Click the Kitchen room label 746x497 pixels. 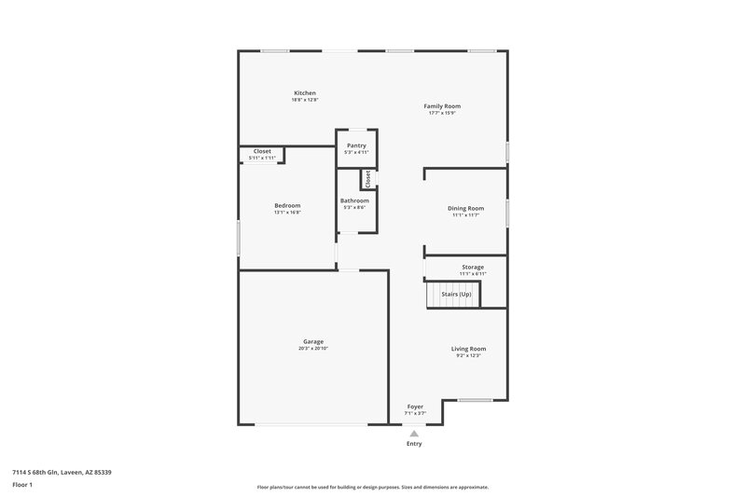tap(305, 93)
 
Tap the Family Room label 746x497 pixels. tap(442, 106)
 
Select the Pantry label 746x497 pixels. tap(356, 145)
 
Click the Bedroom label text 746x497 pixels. tap(287, 205)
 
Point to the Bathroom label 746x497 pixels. tap(354, 200)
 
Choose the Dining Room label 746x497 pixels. tap(465, 208)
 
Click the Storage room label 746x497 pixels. tap(473, 267)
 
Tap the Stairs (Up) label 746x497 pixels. tap(456, 294)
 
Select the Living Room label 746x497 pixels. tap(468, 349)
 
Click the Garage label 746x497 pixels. tap(312, 341)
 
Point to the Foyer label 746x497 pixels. tap(415, 407)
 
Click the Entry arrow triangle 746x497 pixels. tap(414, 433)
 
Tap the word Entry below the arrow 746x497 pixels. tap(414, 444)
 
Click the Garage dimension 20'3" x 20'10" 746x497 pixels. tap(312, 348)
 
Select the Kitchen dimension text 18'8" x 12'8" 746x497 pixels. tap(305, 100)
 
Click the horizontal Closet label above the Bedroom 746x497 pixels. tap(263, 151)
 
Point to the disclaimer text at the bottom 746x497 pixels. tap(372, 487)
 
